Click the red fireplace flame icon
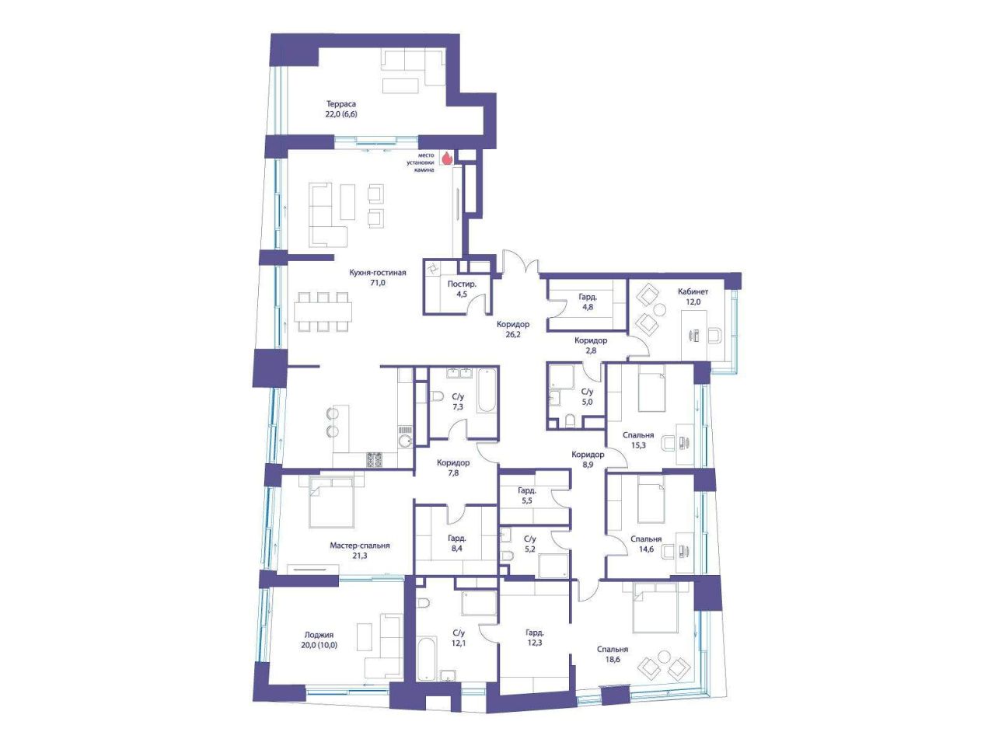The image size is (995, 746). point(446,158)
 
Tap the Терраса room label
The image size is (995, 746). point(341,104)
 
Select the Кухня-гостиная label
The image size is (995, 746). point(378,273)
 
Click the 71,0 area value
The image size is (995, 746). point(378,283)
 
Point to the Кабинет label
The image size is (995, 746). point(693,291)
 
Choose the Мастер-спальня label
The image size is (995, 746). point(360,546)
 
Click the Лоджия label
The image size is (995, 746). point(319,636)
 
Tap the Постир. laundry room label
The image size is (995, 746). point(462,284)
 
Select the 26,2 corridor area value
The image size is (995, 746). point(513,335)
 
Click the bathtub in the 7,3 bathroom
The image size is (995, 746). point(487,391)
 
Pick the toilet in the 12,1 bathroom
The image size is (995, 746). point(423,603)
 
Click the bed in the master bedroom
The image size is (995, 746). point(331,504)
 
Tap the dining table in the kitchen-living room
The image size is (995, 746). point(323,312)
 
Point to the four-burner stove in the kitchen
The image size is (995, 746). point(375,460)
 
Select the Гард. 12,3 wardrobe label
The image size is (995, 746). point(535,637)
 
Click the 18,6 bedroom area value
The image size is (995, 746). point(613,660)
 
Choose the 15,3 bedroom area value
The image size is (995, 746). point(638,445)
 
